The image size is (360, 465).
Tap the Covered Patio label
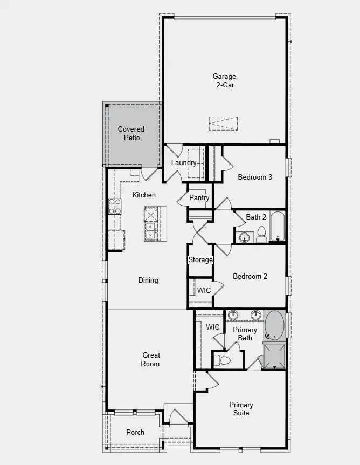point(131,134)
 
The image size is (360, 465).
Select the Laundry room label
point(184,163)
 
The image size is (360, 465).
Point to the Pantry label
point(199,198)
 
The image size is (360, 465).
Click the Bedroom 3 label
point(255,177)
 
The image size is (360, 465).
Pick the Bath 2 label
point(256,217)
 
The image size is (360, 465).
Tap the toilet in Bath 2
point(262,234)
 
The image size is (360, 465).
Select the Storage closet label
point(200,260)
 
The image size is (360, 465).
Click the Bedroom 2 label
point(250,276)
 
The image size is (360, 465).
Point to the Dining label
point(148,280)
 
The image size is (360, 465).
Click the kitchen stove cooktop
point(115,206)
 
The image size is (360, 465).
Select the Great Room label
point(151,359)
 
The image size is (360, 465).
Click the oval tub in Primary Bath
point(275,325)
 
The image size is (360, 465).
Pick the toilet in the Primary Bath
point(223,360)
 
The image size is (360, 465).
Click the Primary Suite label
point(241,409)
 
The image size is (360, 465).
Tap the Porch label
point(135,432)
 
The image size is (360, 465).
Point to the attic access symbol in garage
point(223,124)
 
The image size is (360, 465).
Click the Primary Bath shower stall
point(274,356)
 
